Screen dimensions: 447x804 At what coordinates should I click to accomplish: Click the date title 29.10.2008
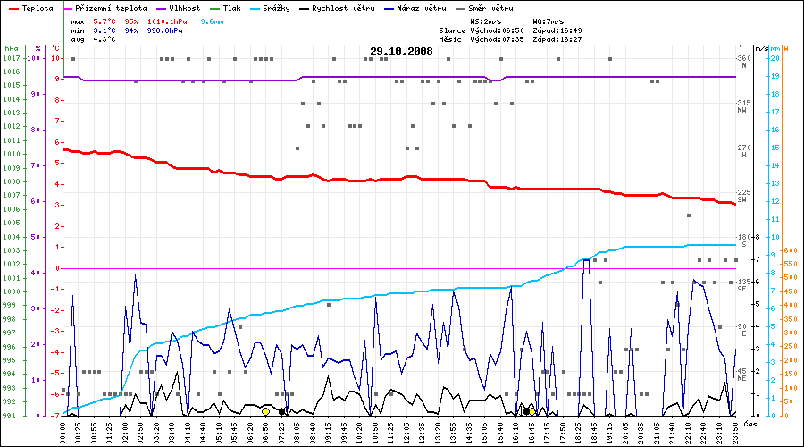(x=401, y=51)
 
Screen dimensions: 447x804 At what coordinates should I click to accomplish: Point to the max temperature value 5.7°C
(x=106, y=20)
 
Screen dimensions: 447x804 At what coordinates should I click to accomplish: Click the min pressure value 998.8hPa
(x=163, y=30)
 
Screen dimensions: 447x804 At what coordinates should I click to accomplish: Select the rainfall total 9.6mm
(x=213, y=20)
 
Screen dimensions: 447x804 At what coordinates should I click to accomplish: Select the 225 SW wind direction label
(x=741, y=196)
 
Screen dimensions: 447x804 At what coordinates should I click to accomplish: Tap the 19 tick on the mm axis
(x=775, y=76)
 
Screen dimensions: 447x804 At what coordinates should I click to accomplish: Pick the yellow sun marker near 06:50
(x=266, y=411)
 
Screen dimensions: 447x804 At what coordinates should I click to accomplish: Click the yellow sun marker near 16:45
(x=531, y=411)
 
